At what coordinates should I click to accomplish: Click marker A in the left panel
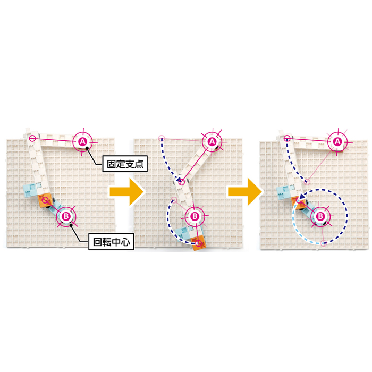pyautogui.click(x=82, y=142)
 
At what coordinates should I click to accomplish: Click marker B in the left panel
pyautogui.click(x=66, y=216)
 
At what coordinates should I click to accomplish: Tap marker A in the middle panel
pyautogui.click(x=212, y=142)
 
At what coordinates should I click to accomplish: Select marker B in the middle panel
pyautogui.click(x=195, y=216)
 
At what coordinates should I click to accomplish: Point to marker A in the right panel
pyautogui.click(x=337, y=142)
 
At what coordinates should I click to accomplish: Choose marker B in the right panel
pyautogui.click(x=320, y=216)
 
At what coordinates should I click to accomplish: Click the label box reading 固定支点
pyautogui.click(x=125, y=164)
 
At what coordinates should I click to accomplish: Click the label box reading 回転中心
pyautogui.click(x=111, y=242)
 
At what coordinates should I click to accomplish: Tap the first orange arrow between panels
pyautogui.click(x=126, y=192)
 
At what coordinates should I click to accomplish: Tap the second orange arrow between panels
pyautogui.click(x=245, y=192)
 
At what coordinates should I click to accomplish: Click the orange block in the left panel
pyautogui.click(x=45, y=201)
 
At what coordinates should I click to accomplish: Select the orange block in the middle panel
pyautogui.click(x=199, y=243)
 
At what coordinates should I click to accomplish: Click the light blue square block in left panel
pyautogui.click(x=31, y=190)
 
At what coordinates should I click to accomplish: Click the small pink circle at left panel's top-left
pyautogui.click(x=32, y=138)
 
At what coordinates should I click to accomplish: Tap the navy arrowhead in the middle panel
pyautogui.click(x=179, y=181)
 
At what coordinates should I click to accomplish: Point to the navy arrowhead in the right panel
pyautogui.click(x=301, y=197)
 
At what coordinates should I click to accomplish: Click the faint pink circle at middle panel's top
pyautogui.click(x=162, y=138)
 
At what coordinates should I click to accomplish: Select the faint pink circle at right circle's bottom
pyautogui.click(x=323, y=243)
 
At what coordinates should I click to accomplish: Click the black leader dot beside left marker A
pyautogui.click(x=87, y=148)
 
